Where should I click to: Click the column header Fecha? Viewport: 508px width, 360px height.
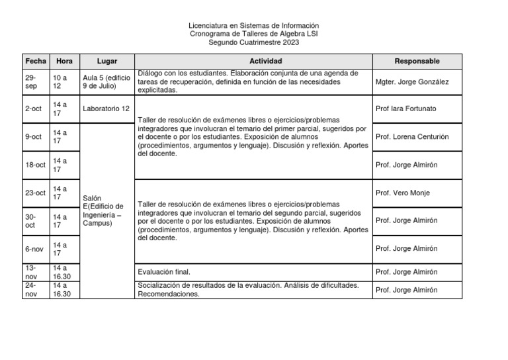point(36,61)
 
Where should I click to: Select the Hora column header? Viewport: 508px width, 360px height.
point(65,61)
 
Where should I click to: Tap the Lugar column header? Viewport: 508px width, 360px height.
point(107,61)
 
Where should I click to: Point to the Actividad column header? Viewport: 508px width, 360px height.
point(253,61)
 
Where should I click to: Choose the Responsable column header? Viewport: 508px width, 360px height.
point(417,61)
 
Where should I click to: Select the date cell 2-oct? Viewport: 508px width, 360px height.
point(33,109)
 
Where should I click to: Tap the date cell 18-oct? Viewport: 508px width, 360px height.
point(36,165)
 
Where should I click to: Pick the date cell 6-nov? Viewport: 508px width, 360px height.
point(34,249)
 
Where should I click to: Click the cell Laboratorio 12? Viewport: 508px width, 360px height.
point(106,109)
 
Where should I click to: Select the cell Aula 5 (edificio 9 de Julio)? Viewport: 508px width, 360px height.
point(107,81)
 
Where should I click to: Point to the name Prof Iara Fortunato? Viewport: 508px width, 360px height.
point(405,109)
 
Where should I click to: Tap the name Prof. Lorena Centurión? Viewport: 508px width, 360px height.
point(411,137)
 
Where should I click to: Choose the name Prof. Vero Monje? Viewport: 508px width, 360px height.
point(402,193)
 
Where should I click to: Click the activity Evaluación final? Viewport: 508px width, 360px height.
point(164,271)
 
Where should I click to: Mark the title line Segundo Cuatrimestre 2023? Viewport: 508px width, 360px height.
point(253,42)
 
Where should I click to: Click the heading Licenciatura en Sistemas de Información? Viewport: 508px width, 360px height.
point(253,25)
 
